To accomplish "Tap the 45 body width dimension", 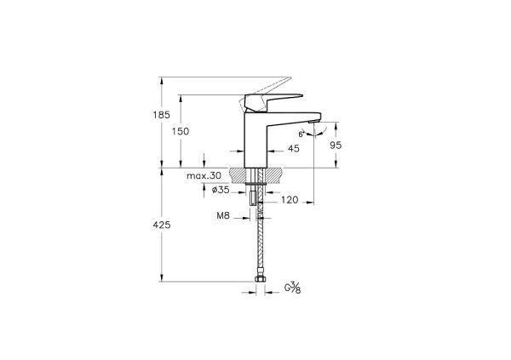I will pyautogui.click(x=294, y=149).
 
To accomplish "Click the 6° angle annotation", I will pyautogui.click(x=301, y=134).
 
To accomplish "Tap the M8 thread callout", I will pyautogui.click(x=221, y=216).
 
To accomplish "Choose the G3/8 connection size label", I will pyautogui.click(x=293, y=289).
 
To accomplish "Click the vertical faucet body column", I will pyautogui.click(x=255, y=136).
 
